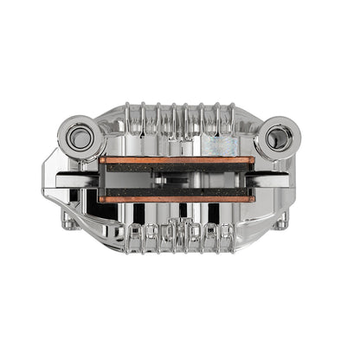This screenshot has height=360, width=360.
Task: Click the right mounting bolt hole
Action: point(279,136)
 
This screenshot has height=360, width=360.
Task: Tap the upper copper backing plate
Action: point(177,160)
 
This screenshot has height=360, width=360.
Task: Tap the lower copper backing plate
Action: point(177,199)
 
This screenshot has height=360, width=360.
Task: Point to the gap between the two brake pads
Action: point(177,180)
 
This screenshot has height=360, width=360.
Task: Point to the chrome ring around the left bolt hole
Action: point(66,136)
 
